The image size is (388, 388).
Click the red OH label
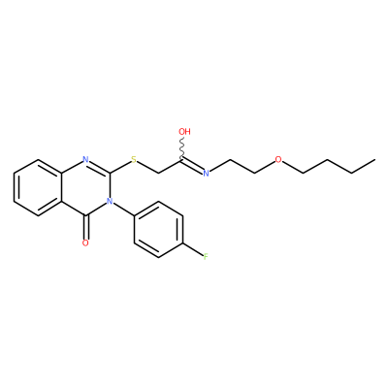(184, 132)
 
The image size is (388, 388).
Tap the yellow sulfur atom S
(134, 159)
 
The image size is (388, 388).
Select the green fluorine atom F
(206, 257)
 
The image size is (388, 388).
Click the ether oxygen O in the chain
(278, 159)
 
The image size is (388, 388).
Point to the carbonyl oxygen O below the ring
(85, 242)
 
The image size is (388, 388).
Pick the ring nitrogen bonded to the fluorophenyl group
(110, 202)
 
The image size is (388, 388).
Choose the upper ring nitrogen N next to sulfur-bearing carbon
(85, 159)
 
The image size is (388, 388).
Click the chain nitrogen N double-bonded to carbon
(206, 174)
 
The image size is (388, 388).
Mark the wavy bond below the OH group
(182, 147)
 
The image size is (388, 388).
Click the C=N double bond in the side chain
(192, 165)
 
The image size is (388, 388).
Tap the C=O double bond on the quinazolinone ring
(85, 227)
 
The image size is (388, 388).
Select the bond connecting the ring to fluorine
(193, 250)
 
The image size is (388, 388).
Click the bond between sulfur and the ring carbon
(120, 167)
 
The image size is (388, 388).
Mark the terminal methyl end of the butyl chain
(375, 159)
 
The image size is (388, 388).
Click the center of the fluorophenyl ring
(158, 230)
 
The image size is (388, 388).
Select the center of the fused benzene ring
(37, 187)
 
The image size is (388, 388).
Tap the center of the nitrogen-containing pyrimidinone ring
(85, 187)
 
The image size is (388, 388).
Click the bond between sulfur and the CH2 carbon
(147, 167)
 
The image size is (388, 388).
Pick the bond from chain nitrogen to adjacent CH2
(220, 166)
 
